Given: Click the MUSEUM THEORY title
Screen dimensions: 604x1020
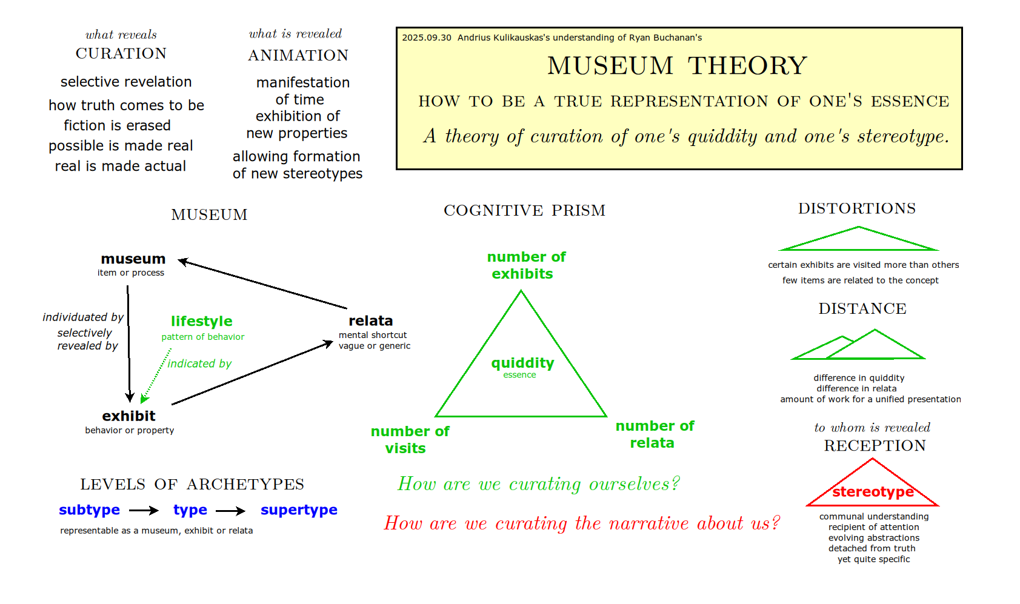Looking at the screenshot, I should [x=677, y=65].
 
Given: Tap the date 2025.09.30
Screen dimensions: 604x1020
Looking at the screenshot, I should [x=427, y=38].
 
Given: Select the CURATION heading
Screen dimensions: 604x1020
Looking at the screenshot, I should [x=121, y=54].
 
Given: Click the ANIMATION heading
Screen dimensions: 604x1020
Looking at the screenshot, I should [x=298, y=56].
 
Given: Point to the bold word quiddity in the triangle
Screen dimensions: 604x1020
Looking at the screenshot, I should [x=522, y=363].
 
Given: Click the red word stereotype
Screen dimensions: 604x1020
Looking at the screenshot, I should [x=873, y=492].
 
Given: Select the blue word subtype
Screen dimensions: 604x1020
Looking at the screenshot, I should [x=89, y=510].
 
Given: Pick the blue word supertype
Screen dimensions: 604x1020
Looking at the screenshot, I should [x=299, y=510].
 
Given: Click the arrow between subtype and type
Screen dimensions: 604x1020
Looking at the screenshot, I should [x=144, y=511].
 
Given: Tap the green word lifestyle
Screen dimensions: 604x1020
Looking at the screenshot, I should [x=201, y=321].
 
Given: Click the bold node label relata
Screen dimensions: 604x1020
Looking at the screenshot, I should [x=370, y=321].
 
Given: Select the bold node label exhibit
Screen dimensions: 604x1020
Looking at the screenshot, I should [x=128, y=416].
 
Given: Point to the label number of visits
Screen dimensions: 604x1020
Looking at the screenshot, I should [x=409, y=440].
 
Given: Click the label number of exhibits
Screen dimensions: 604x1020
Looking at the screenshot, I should [x=525, y=265].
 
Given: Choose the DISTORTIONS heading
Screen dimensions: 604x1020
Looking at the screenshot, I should [x=856, y=208].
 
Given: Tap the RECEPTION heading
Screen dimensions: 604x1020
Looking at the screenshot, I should [x=875, y=446].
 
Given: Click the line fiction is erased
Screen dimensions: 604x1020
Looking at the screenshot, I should [x=117, y=125].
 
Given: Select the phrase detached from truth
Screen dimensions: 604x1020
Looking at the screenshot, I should [x=872, y=548].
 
